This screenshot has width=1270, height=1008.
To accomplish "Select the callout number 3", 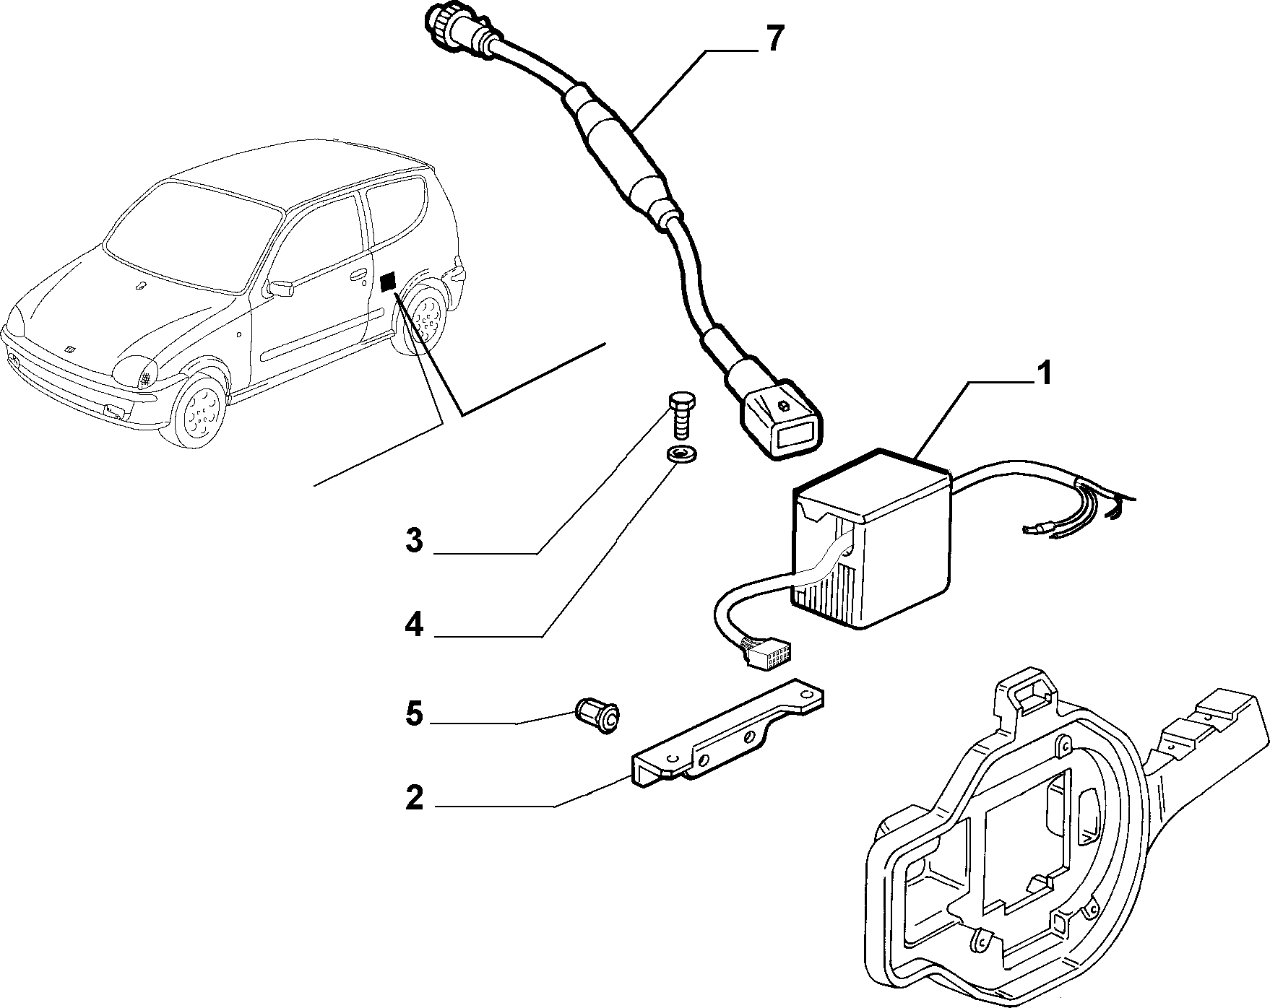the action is (x=413, y=539).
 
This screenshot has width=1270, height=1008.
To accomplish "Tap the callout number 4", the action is (x=413, y=623).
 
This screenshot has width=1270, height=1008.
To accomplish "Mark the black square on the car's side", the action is (x=388, y=282).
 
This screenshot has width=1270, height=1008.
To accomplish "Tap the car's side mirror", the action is (x=280, y=288).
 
